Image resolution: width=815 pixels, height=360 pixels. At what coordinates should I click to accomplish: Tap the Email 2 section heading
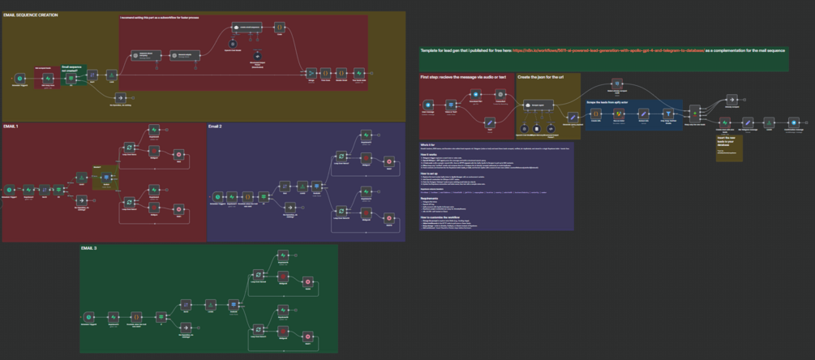point(215,127)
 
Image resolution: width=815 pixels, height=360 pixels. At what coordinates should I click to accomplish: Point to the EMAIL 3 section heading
point(91,248)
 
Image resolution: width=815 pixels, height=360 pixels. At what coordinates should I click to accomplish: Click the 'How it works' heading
point(429,153)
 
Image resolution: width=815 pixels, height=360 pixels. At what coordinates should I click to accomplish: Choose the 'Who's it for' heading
point(427,144)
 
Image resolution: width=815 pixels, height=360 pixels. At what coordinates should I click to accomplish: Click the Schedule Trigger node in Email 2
point(217,196)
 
